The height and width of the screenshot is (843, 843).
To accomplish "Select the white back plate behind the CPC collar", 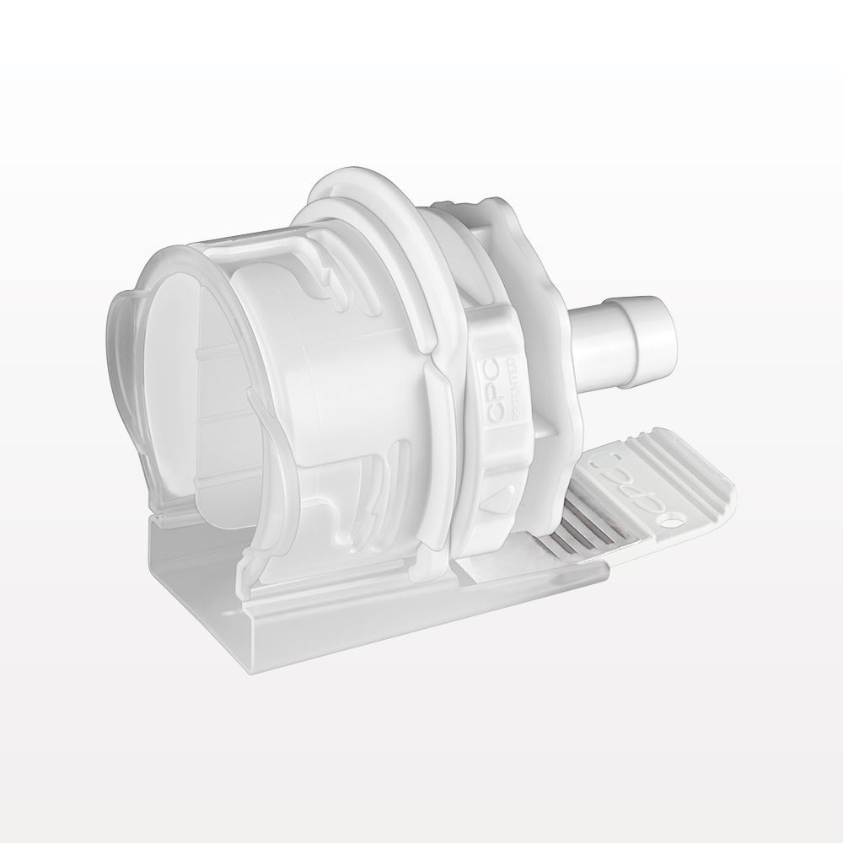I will click(556, 379).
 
